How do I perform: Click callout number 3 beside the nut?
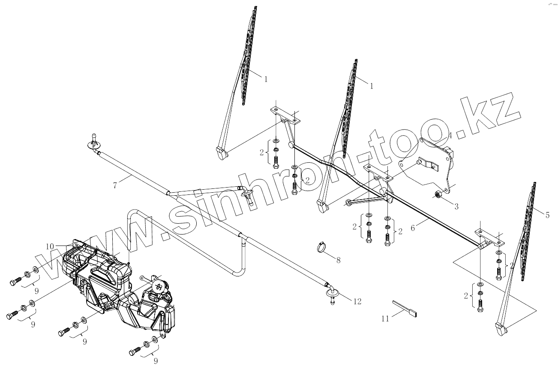[x=456, y=207]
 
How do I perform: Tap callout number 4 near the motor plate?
[x=450, y=136]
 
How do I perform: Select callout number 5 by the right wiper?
[x=547, y=215]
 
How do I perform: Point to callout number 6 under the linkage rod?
[x=413, y=228]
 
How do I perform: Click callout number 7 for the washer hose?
[x=115, y=185]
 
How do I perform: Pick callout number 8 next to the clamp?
[x=338, y=260]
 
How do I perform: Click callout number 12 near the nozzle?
[x=357, y=301]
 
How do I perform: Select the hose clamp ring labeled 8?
[x=321, y=247]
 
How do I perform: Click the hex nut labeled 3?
[x=438, y=195]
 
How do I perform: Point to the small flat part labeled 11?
[x=405, y=309]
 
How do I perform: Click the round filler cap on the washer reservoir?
[x=158, y=286]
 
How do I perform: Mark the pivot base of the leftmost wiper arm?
[x=221, y=153]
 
